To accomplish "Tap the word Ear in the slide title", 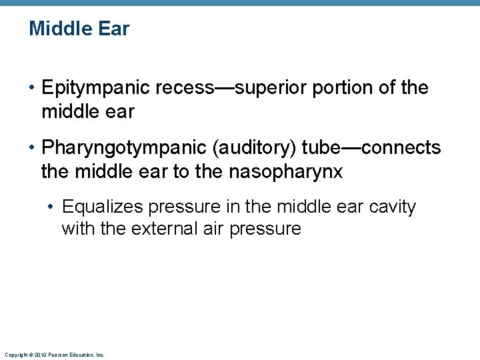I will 115,29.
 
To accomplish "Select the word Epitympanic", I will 95,88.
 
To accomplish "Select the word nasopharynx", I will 286,171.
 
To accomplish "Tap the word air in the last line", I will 211,229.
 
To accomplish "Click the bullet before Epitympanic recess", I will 32,88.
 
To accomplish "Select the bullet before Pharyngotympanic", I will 32,147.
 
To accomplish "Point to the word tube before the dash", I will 321,147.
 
